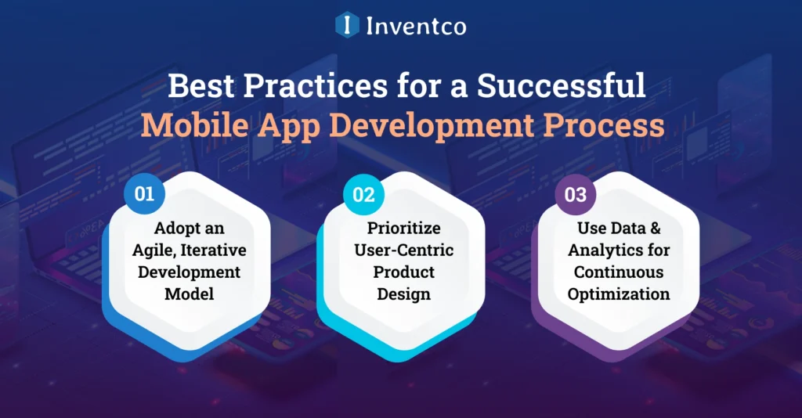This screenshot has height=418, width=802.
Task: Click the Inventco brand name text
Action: click(x=416, y=26)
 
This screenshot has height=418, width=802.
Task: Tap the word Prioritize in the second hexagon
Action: click(x=403, y=229)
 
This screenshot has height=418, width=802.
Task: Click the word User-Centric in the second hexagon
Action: click(x=403, y=250)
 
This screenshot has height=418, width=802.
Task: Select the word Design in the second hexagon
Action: click(x=403, y=294)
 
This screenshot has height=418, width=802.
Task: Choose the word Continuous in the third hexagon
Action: click(x=619, y=272)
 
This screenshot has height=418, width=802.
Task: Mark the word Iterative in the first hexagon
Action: click(x=210, y=250)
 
